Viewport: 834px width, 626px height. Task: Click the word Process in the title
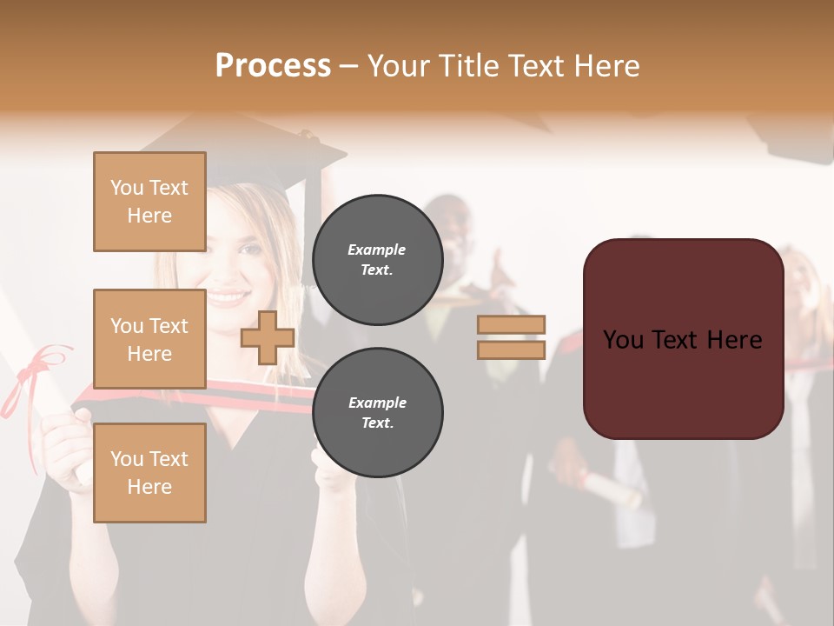[x=273, y=66]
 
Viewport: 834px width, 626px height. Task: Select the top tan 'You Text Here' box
[x=149, y=202]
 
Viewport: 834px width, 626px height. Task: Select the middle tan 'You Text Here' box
[x=149, y=339]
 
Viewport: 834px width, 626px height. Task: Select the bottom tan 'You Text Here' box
[x=149, y=473]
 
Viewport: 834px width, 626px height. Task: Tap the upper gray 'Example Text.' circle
[x=377, y=260]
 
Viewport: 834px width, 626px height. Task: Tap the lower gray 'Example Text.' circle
[x=377, y=413]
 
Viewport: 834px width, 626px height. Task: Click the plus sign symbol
[x=268, y=338]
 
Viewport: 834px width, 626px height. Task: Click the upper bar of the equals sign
[x=512, y=325]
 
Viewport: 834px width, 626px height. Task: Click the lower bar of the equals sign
[x=512, y=350]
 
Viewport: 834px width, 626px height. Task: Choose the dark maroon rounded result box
[x=683, y=339]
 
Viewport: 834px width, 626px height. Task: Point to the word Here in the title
[x=606, y=66]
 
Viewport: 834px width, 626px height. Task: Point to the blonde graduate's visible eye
[x=250, y=250]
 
